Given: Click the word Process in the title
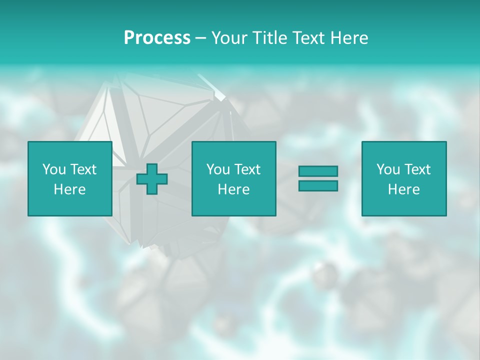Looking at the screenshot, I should (157, 38).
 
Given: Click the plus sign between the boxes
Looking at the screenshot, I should (152, 179).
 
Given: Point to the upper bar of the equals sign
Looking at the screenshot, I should (318, 171).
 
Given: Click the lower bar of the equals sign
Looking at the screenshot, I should (318, 186).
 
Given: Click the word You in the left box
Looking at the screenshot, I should (54, 169).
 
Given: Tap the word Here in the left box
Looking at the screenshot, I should (70, 189).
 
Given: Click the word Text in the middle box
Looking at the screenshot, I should (247, 169).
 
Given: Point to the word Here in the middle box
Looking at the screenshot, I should (234, 189).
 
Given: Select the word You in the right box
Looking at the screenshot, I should (388, 169).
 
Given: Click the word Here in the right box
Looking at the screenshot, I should (404, 189).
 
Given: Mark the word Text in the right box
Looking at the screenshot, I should (417, 169).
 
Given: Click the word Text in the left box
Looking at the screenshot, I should (83, 169).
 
